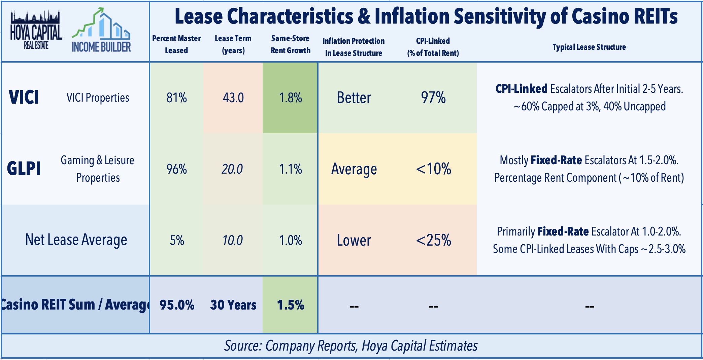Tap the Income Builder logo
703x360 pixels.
tap(101, 31)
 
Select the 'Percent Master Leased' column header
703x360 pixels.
tap(176, 44)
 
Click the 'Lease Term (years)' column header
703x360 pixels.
tap(233, 44)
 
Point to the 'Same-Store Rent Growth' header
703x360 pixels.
tap(290, 44)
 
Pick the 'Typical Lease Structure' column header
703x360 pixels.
tap(589, 47)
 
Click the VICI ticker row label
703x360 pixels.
tap(24, 98)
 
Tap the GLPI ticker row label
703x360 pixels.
tap(24, 169)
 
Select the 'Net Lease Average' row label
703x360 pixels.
tap(76, 240)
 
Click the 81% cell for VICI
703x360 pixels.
tap(176, 98)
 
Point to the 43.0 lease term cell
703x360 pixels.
tap(233, 98)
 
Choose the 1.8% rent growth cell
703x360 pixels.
tap(290, 98)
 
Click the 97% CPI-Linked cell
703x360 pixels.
tap(433, 98)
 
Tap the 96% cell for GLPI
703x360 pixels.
tap(176, 169)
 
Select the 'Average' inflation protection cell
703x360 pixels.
tap(354, 169)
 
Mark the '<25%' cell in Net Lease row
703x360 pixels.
tap(433, 240)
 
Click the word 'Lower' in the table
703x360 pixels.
tap(354, 240)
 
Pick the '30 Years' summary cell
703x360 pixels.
tap(233, 305)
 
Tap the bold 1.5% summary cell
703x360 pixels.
tap(290, 305)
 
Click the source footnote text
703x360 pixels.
tap(351, 346)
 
